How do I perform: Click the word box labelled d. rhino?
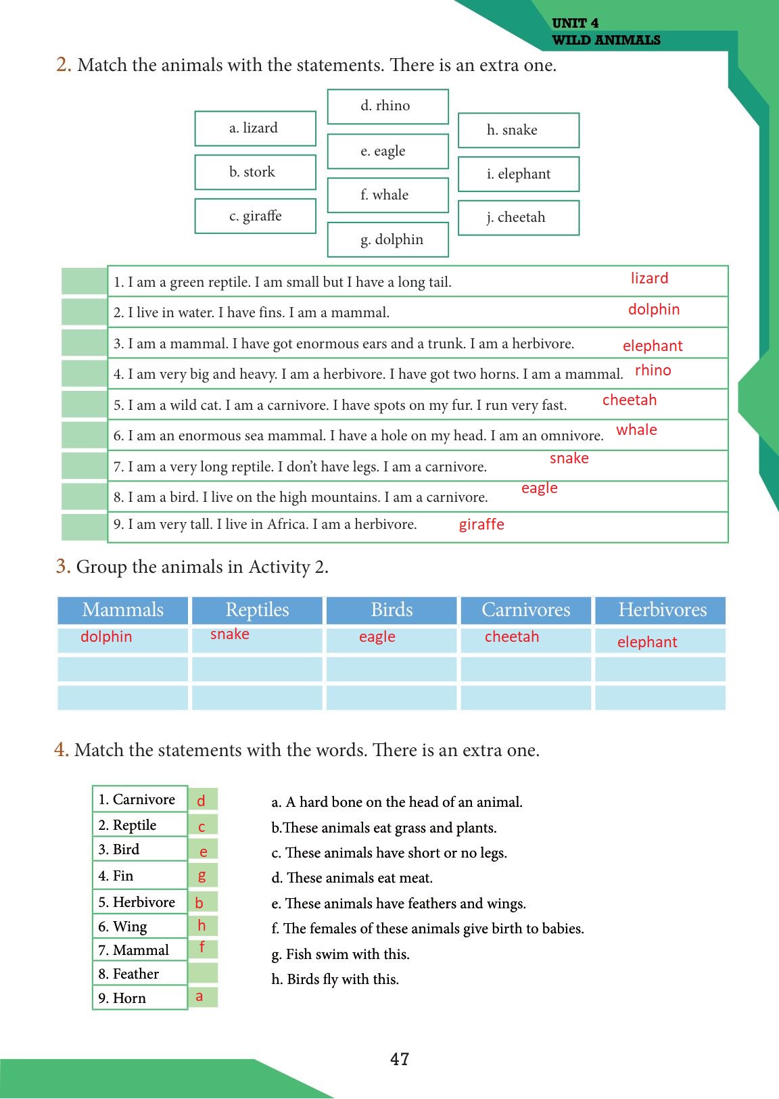pyautogui.click(x=387, y=106)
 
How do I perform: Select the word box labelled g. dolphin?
pyautogui.click(x=387, y=239)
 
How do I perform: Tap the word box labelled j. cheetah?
pyautogui.click(x=518, y=218)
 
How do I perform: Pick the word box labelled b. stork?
pyautogui.click(x=255, y=172)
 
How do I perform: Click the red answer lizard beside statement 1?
pyautogui.click(x=649, y=279)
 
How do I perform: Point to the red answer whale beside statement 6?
pyautogui.click(x=636, y=430)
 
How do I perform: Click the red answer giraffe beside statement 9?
pyautogui.click(x=481, y=525)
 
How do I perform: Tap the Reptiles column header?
pyautogui.click(x=257, y=610)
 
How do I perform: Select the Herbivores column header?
pyautogui.click(x=661, y=610)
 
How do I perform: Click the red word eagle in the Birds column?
pyautogui.click(x=377, y=637)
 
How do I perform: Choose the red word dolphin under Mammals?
pyautogui.click(x=106, y=637)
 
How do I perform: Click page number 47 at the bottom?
pyautogui.click(x=400, y=1059)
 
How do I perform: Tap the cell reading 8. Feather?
pyautogui.click(x=139, y=974)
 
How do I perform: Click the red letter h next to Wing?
pyautogui.click(x=202, y=925)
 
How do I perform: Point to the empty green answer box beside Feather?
pyautogui.click(x=203, y=974)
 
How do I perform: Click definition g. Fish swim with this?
pyautogui.click(x=341, y=954)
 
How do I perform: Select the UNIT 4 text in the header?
pyautogui.click(x=575, y=24)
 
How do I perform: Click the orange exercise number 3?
pyautogui.click(x=63, y=566)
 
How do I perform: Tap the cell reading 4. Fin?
pyautogui.click(x=139, y=876)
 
